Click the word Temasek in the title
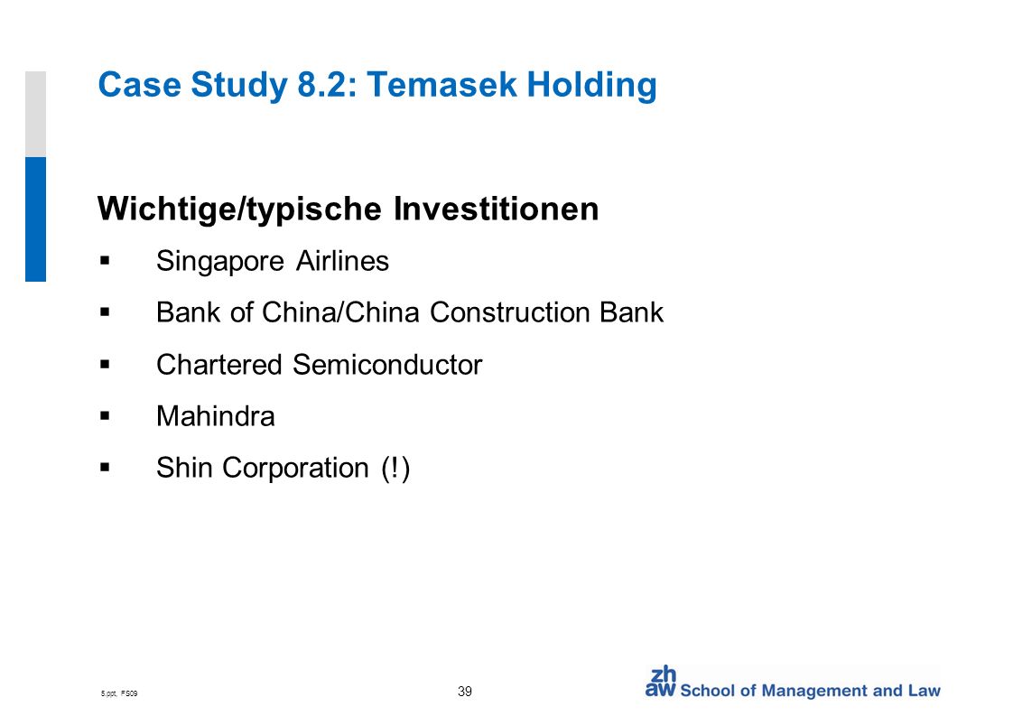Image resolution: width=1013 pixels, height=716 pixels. (441, 85)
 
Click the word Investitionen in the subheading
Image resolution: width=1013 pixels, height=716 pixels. (497, 208)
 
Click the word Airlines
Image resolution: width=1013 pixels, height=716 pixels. (342, 261)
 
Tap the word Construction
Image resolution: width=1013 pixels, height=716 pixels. (510, 312)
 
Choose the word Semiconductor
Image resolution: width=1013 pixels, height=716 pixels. (387, 365)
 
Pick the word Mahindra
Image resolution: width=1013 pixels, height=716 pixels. (216, 416)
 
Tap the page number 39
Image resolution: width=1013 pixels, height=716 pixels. (464, 692)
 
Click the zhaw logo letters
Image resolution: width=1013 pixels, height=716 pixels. (660, 683)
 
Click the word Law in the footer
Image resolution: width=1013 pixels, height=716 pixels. (925, 691)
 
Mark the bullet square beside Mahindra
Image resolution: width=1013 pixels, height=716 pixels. (106, 415)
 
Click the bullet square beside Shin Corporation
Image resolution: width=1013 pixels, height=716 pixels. (106, 467)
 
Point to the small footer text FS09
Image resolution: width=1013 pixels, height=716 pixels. (129, 693)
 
